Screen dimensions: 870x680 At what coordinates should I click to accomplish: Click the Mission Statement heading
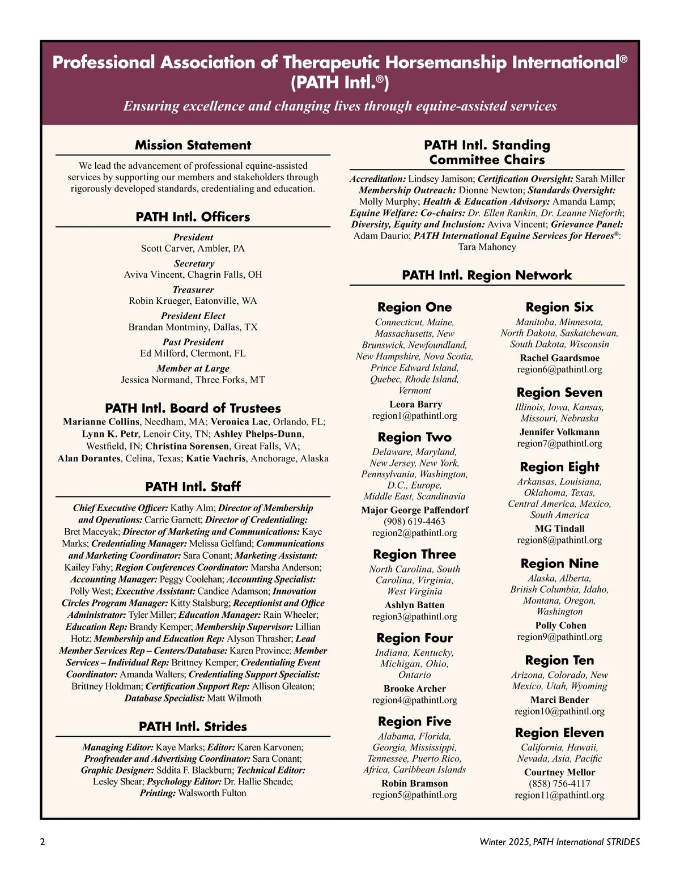click(x=193, y=145)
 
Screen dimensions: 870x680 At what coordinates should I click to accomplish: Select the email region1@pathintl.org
click(x=414, y=416)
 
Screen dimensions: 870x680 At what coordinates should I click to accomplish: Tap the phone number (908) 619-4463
click(x=414, y=521)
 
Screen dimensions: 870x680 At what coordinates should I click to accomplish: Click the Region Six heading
click(x=559, y=307)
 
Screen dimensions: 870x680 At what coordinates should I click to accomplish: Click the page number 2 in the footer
click(x=42, y=842)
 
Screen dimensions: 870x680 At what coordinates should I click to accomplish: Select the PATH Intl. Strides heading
click(x=193, y=727)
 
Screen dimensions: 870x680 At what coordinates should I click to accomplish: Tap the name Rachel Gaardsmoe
click(x=559, y=358)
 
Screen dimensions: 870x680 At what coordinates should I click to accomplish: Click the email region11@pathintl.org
click(x=559, y=795)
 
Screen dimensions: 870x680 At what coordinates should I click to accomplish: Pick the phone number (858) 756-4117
click(x=559, y=784)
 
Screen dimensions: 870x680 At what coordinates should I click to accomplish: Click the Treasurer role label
click(x=193, y=290)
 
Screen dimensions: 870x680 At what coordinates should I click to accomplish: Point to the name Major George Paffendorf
click(x=414, y=510)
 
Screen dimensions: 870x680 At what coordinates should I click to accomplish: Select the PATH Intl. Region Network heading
click(x=487, y=275)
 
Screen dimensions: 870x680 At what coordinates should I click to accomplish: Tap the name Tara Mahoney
click(x=487, y=247)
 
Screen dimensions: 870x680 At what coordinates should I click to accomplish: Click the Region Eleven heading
click(x=559, y=733)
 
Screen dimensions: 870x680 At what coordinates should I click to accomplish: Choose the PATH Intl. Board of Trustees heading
click(x=193, y=408)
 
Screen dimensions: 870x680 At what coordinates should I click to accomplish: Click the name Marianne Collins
click(x=101, y=422)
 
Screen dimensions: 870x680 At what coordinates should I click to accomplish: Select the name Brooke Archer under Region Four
click(x=414, y=689)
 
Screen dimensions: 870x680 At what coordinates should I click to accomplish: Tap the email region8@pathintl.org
click(x=559, y=540)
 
